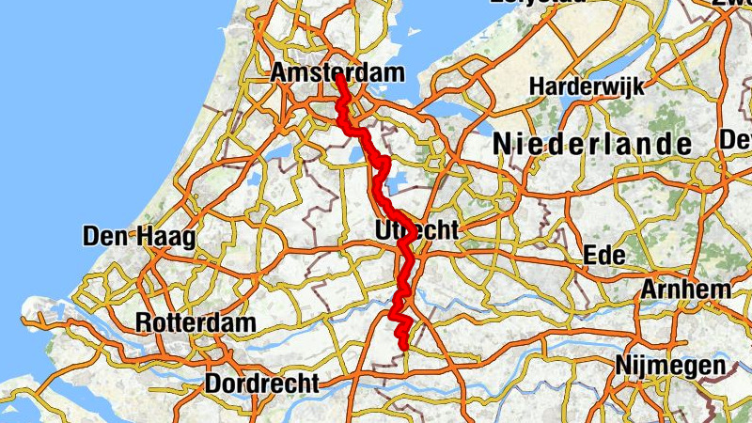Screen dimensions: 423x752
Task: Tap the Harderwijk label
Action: click(x=587, y=86)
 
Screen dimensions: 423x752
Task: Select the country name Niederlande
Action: click(x=592, y=145)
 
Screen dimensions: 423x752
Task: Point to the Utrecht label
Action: click(x=415, y=230)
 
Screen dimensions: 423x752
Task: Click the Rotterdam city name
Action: click(x=196, y=322)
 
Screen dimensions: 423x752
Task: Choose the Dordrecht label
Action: click(x=260, y=384)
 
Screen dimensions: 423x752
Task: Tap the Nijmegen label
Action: click(x=670, y=366)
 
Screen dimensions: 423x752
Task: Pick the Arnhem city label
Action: click(x=685, y=290)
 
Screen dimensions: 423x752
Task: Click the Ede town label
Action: click(x=600, y=256)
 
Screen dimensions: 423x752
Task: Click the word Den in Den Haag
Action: click(x=103, y=237)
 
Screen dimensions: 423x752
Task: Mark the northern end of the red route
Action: click(x=338, y=78)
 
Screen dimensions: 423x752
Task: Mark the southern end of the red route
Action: click(x=404, y=348)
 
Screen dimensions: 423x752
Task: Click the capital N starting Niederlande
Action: click(x=502, y=145)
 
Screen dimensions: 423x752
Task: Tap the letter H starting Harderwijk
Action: click(x=537, y=86)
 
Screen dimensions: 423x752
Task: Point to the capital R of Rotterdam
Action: click(x=143, y=322)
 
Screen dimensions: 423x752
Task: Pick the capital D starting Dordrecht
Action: click(x=211, y=384)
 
